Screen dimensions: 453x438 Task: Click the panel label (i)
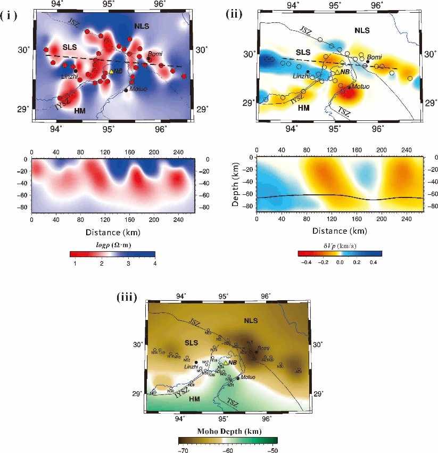coord(10,15)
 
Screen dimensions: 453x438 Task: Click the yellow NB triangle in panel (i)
coord(111,71)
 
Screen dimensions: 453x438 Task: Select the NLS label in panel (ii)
coord(362,31)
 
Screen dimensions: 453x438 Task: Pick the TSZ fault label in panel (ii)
coord(345,111)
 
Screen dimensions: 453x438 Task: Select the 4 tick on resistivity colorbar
coord(154,263)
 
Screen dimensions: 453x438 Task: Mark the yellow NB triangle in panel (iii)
coord(226,363)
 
